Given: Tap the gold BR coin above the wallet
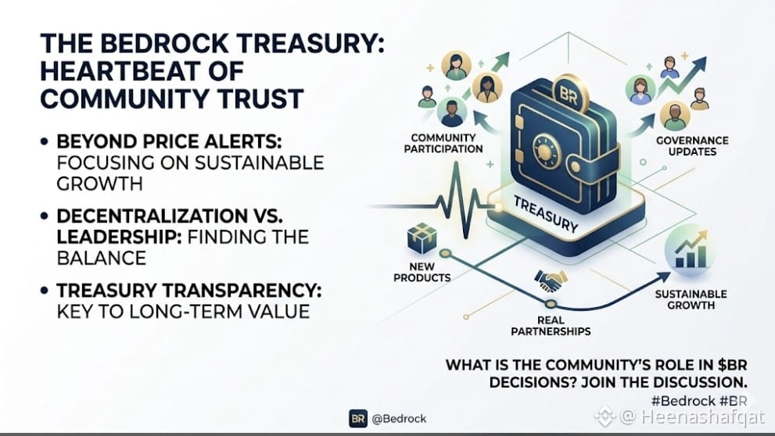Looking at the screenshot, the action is coord(570,95).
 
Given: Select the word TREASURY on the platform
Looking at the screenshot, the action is coord(546,214).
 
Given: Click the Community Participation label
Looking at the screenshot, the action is coord(443,143).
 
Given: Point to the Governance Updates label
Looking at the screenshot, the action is coord(692,146).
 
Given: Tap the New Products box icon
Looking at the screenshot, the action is coord(422,238).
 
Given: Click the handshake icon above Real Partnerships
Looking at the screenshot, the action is coord(550,281).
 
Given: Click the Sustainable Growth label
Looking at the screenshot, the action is coord(691,300).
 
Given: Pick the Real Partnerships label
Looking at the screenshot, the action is coord(551,326).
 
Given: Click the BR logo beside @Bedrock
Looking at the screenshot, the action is coord(358,419).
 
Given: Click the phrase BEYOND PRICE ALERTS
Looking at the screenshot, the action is coord(169,141).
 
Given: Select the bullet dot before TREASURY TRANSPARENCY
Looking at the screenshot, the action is coord(45,291).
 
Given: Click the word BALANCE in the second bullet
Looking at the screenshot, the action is coord(102,259).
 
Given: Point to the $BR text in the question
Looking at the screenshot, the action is coord(732,366).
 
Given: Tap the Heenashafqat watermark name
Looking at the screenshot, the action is coord(703,416).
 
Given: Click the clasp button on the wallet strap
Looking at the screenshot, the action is coord(576,166).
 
